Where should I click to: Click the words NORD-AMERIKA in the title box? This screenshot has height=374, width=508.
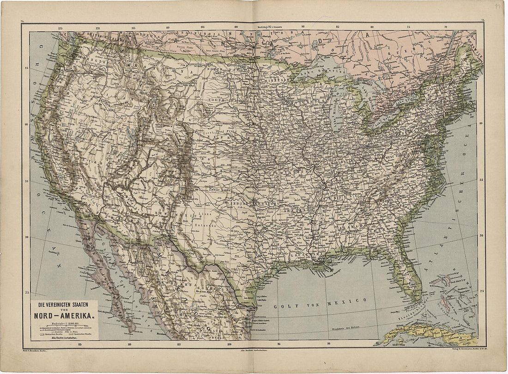tap(64, 316)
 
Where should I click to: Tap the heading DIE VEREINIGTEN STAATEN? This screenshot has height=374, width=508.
tap(64, 306)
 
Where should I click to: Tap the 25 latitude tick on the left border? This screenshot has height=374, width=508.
tap(26, 292)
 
